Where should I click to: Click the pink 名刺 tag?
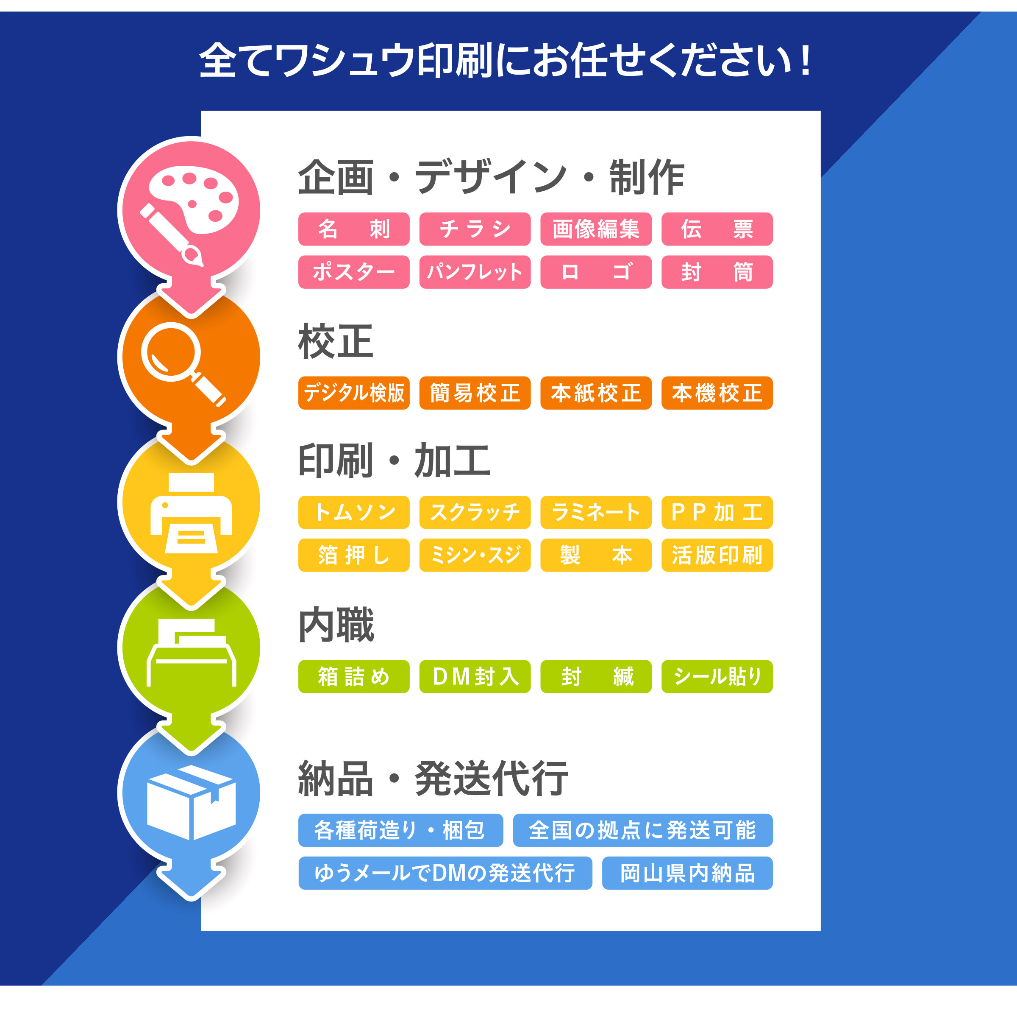354,229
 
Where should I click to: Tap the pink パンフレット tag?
475,272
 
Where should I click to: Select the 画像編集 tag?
596,229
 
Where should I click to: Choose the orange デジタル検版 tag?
354,393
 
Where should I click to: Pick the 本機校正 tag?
717,393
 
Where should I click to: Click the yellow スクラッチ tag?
475,512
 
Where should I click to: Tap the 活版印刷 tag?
717,555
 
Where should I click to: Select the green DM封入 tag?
475,676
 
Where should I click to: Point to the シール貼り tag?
717,676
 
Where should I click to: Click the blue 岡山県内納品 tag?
687,873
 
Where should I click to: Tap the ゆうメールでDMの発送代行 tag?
445,873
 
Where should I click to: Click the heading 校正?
336,341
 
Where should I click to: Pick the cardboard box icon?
191,802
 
